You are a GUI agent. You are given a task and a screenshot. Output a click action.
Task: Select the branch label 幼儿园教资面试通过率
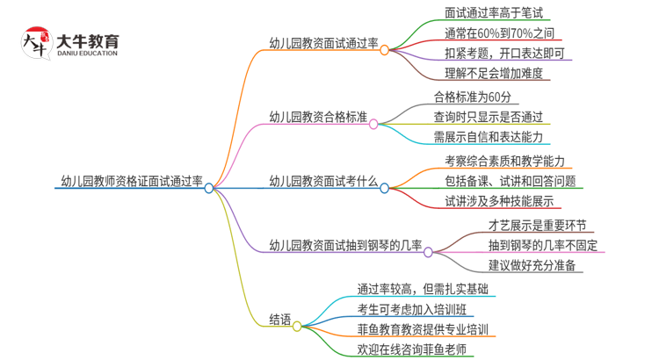pos(323,44)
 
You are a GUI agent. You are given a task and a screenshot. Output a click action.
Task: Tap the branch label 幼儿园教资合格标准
pos(317,117)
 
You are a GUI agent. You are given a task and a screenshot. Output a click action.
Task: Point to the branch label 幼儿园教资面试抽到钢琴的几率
pos(346,244)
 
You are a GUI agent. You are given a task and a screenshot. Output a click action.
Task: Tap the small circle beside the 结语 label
pos(297,326)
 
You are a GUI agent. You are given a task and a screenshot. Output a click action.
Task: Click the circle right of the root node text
pos(209,187)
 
